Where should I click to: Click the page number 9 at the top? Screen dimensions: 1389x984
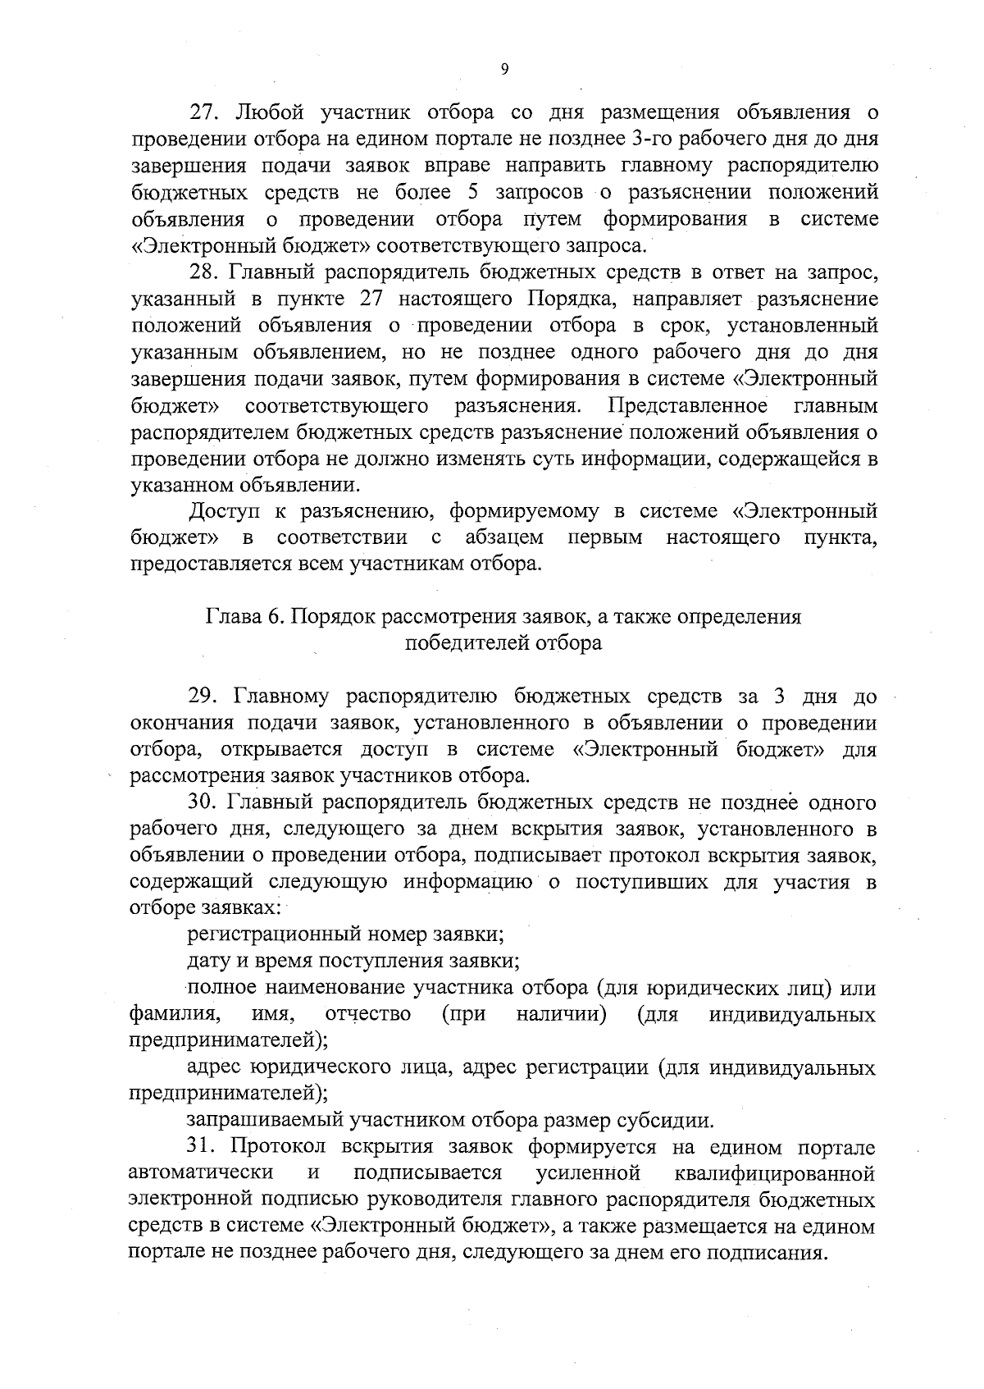tap(504, 70)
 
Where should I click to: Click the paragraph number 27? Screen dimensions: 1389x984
tap(203, 112)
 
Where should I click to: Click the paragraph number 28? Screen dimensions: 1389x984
tap(203, 272)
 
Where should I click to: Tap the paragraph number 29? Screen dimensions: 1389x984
tap(203, 697)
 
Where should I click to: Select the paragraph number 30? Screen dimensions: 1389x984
tap(203, 802)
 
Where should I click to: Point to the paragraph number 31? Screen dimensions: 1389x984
tap(202, 1147)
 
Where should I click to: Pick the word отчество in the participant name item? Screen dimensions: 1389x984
tap(368, 1015)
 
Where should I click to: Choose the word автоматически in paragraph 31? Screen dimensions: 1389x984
tap(202, 1174)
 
